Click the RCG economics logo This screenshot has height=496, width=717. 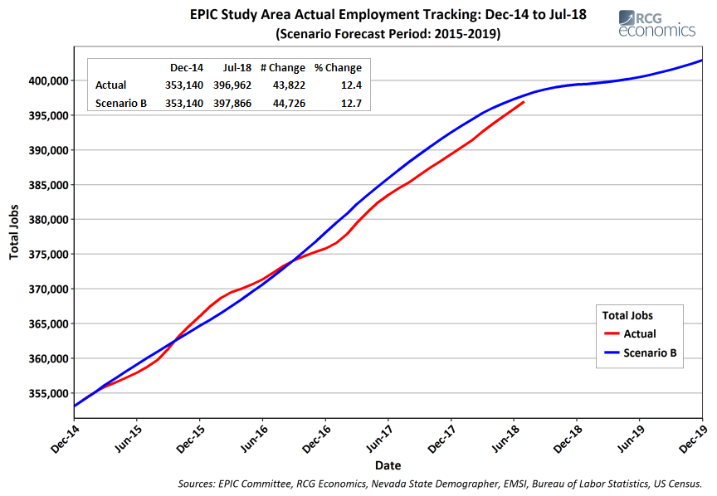(x=656, y=24)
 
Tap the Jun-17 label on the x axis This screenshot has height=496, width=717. (x=379, y=438)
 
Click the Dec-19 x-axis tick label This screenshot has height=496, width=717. (x=693, y=438)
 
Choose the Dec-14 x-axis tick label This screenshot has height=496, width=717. (x=65, y=439)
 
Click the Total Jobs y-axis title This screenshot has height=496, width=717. (x=14, y=231)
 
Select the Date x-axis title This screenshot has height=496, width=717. (x=388, y=465)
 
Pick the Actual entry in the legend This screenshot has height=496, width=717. (x=630, y=333)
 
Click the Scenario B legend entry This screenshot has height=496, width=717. (x=640, y=353)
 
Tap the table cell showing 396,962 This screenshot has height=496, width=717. (x=232, y=85)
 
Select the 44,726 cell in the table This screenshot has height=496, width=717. (x=289, y=104)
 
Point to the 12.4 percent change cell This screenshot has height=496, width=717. (x=351, y=85)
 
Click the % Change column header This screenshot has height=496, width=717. (x=338, y=68)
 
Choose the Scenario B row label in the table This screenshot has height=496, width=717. (x=120, y=104)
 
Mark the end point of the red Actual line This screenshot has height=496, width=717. (x=524, y=102)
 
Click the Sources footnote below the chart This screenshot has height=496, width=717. (x=440, y=484)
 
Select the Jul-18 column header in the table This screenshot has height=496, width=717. (x=237, y=68)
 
